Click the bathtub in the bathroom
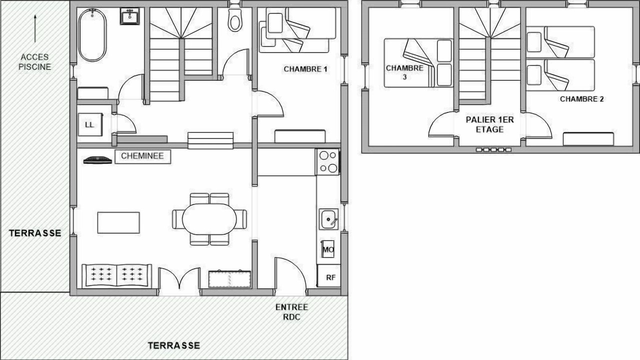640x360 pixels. (92, 35)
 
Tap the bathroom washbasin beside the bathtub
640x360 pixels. (129, 16)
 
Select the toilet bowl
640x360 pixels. (235, 20)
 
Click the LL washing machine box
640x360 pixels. (90, 124)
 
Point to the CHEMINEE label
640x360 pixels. (142, 156)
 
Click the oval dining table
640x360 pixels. (209, 219)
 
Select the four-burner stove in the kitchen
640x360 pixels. (327, 161)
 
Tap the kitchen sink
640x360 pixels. (329, 219)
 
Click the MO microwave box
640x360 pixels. (327, 249)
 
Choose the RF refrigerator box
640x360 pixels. (329, 276)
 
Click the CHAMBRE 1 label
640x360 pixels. (305, 69)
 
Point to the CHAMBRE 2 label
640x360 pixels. (581, 99)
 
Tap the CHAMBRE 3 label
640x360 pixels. (404, 72)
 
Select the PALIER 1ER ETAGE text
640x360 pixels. (489, 124)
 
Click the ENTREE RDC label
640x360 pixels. (291, 311)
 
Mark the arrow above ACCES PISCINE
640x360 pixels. (35, 28)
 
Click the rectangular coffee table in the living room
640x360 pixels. (118, 222)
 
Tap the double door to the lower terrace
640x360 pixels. (179, 278)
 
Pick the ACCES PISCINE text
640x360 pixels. (35, 61)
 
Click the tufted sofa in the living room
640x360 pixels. (117, 275)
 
